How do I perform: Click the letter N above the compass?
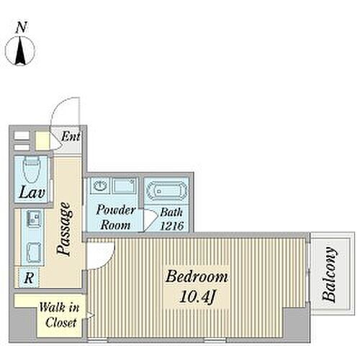21,27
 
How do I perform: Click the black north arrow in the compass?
20,51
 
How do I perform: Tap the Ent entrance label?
71,137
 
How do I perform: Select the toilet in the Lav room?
32,169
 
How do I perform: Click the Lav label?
32,192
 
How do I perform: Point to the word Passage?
64,228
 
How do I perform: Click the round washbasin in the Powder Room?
100,186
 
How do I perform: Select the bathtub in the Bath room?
167,191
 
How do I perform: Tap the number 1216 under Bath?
172,226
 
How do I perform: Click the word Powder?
115,210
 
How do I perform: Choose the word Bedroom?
197,276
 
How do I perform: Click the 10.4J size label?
197,297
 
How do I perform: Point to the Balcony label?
329,274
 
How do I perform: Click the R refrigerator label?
29,278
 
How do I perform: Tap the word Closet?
60,323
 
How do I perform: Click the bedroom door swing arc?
107,260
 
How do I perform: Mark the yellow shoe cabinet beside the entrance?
42,140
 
